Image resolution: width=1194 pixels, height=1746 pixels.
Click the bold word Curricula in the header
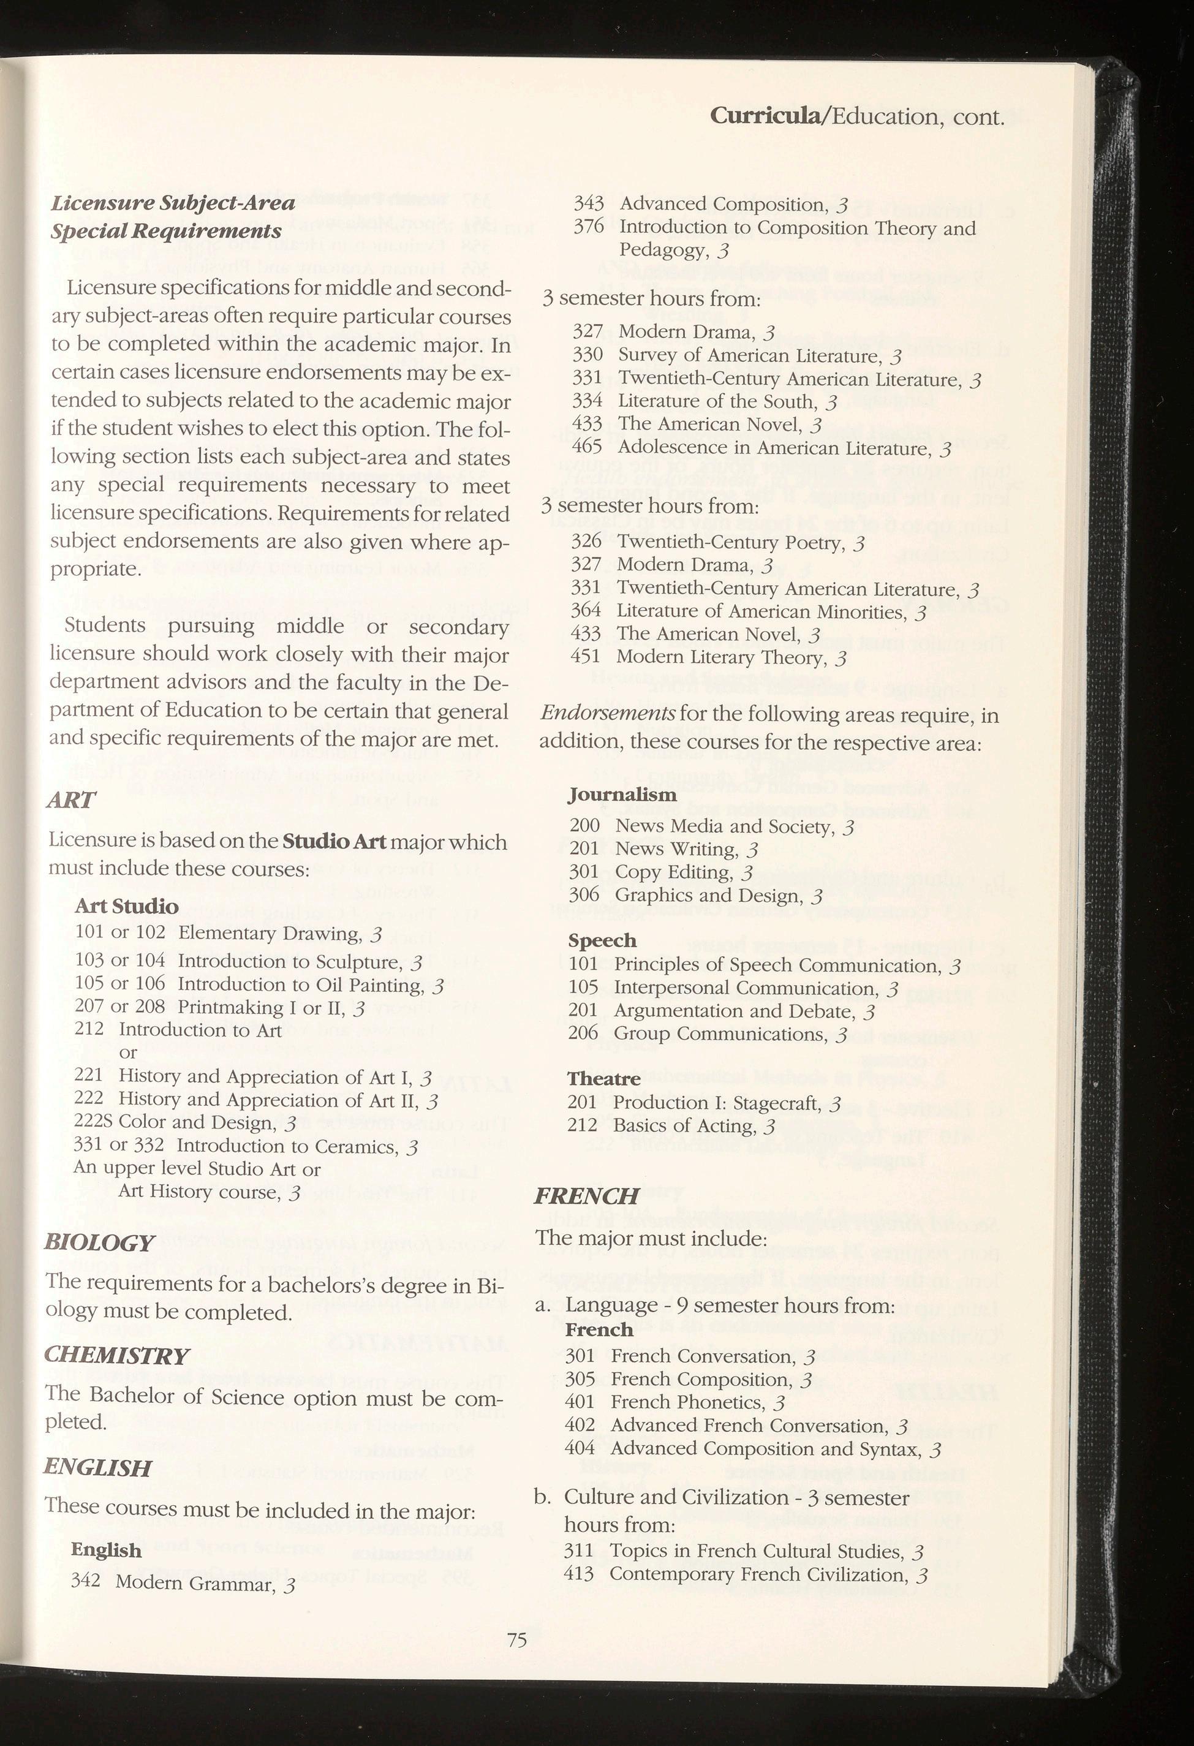[x=766, y=116]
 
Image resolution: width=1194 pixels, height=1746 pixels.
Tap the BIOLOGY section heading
[x=100, y=1242]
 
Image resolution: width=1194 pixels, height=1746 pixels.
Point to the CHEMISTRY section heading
[x=116, y=1355]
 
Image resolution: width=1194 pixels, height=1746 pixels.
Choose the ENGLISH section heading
[x=97, y=1467]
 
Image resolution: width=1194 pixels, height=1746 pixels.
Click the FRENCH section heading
[x=586, y=1195]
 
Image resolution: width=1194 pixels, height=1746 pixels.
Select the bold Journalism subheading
[x=622, y=794]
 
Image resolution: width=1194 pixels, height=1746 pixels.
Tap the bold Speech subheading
[x=602, y=940]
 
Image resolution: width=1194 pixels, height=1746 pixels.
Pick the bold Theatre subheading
[x=603, y=1079]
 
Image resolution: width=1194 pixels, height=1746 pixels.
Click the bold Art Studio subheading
[x=126, y=907]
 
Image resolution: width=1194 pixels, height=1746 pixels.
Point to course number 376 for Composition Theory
[x=588, y=227]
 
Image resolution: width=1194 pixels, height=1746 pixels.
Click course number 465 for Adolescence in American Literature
[x=587, y=447]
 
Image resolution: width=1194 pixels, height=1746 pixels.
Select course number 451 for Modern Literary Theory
[x=585, y=657]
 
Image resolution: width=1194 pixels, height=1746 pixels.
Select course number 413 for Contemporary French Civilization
[x=578, y=1573]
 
